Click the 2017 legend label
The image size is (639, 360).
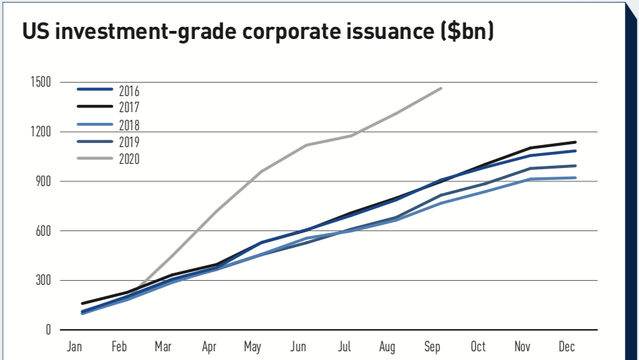point(129,107)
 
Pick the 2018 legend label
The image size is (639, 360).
point(129,125)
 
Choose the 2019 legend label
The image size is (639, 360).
point(129,142)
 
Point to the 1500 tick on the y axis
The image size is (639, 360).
point(41,82)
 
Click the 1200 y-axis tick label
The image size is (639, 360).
point(41,132)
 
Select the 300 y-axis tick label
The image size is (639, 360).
point(44,280)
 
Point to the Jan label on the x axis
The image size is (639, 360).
point(74,347)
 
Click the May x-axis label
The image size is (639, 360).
point(253,347)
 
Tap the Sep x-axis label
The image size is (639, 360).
point(432,347)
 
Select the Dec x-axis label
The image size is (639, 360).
point(567,347)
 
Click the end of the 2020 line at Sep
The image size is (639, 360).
point(441,88)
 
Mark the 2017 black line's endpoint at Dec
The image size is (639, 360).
point(575,142)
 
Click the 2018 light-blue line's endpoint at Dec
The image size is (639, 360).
point(575,177)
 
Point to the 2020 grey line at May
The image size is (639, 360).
point(262,171)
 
